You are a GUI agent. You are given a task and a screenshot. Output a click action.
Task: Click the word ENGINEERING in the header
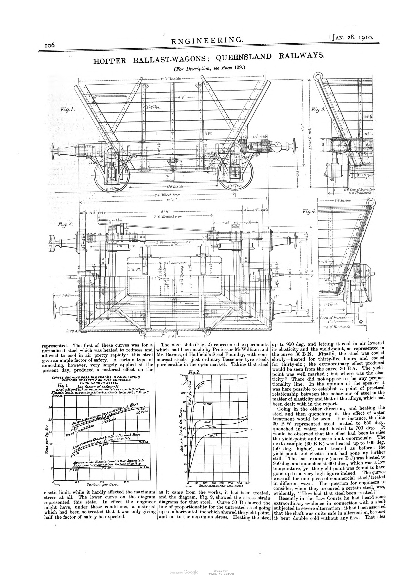click(207, 40)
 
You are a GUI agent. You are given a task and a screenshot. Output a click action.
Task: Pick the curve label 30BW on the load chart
click(207, 404)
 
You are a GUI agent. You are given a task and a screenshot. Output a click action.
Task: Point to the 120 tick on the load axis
click(182, 375)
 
